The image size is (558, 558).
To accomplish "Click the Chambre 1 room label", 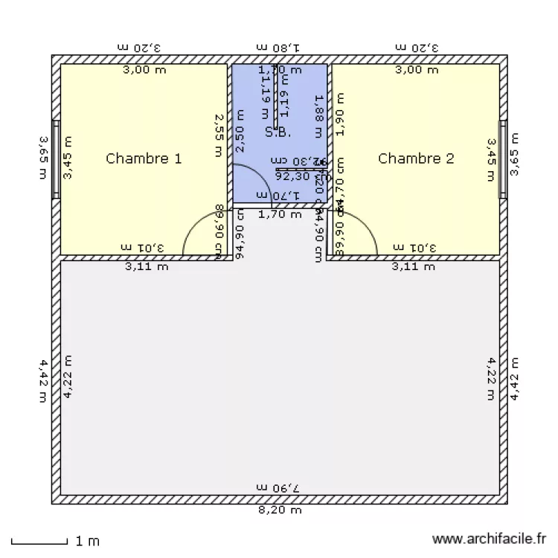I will point(144,158).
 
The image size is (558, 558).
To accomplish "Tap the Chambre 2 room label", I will point(416,158).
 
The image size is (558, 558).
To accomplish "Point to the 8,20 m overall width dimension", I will point(280,510).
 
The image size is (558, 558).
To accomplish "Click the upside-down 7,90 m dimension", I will point(278,487).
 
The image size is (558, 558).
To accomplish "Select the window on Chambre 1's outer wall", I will point(56,158).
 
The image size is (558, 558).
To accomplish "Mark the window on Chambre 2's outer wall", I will point(503,158).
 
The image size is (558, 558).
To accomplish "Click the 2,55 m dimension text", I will point(218,135).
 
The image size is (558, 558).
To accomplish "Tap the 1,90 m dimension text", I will point(341,114).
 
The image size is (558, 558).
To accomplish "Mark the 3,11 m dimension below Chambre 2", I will point(414,266).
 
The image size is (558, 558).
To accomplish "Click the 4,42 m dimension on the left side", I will point(44,380).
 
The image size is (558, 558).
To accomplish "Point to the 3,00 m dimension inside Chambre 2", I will point(416,70).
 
